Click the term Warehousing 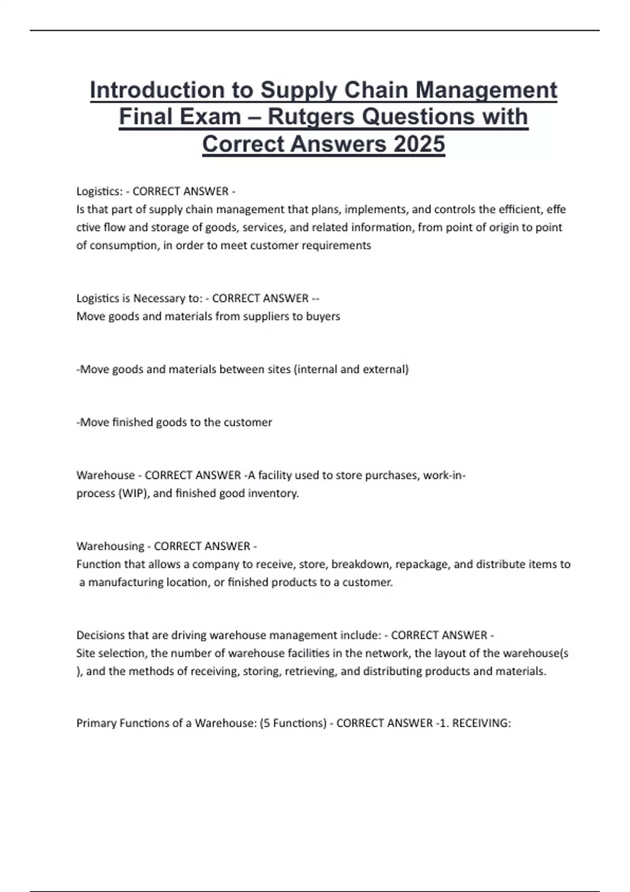[x=110, y=546]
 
